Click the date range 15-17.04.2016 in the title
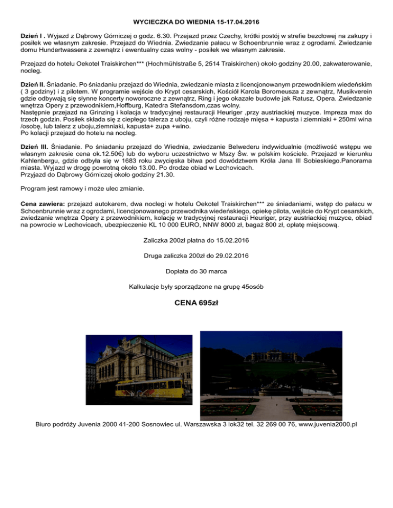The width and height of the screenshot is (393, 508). pos(233,23)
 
